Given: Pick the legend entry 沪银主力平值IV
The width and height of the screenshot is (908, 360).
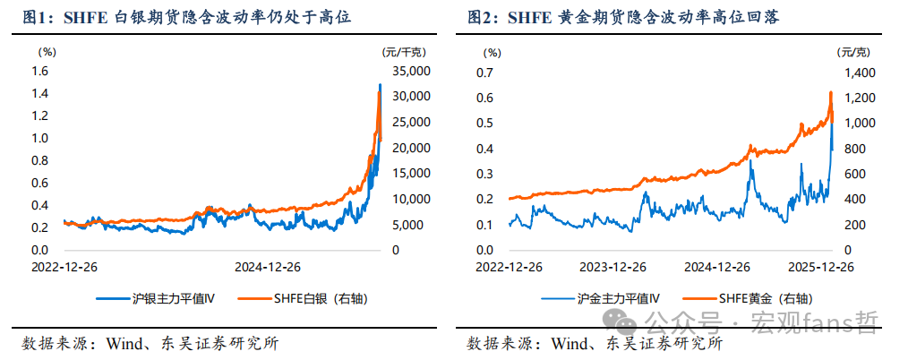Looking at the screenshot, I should pos(164,297).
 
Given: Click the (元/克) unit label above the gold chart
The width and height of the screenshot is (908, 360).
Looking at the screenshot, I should pos(851,53).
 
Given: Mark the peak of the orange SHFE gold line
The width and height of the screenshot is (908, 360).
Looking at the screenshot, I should pos(830,92).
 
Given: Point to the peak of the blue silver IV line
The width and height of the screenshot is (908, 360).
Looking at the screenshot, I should pos(380,84).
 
